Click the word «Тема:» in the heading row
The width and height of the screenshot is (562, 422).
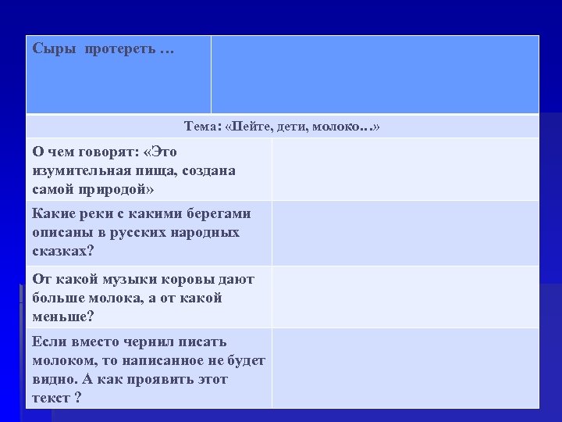tap(202, 127)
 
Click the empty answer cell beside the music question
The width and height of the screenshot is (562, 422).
tap(404, 297)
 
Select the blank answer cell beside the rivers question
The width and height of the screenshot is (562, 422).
tap(404, 233)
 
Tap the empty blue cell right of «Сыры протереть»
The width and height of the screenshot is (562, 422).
tap(375, 74)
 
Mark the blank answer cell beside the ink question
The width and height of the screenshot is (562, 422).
tap(404, 368)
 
